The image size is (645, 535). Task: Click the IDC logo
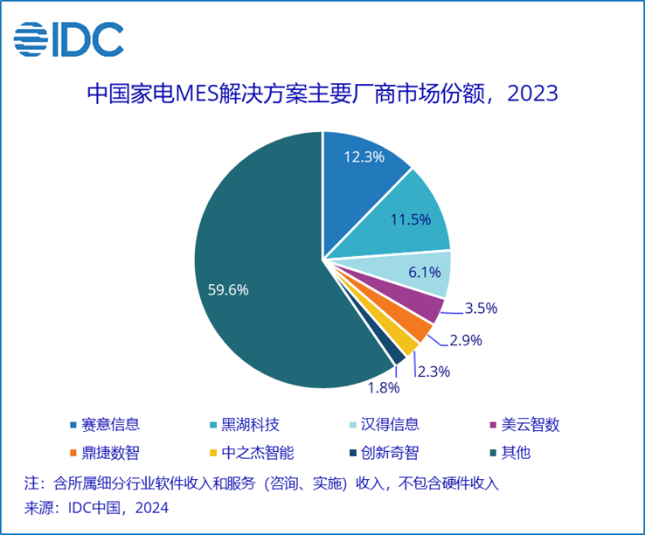coord(68,39)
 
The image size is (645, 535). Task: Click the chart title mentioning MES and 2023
coord(322,94)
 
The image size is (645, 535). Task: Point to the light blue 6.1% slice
coord(420,272)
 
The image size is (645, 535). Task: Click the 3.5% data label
coord(481,308)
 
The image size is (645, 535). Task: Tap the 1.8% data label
coord(383,386)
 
